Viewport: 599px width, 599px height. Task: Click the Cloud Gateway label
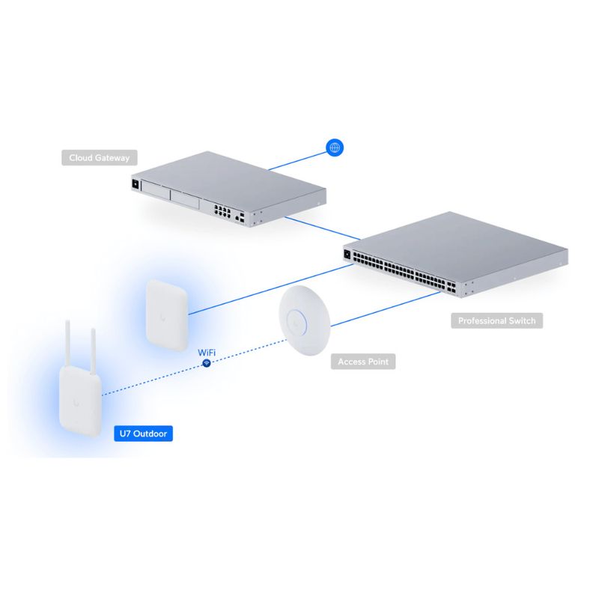pyautogui.click(x=100, y=158)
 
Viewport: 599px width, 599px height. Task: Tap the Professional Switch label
pyautogui.click(x=497, y=320)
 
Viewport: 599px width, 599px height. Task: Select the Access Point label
pyautogui.click(x=363, y=362)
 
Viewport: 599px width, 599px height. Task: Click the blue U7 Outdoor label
pyautogui.click(x=142, y=433)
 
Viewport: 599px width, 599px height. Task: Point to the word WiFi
pyautogui.click(x=207, y=350)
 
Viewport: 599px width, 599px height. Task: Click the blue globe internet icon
pyautogui.click(x=335, y=148)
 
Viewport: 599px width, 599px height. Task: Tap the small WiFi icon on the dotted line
pyautogui.click(x=207, y=362)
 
